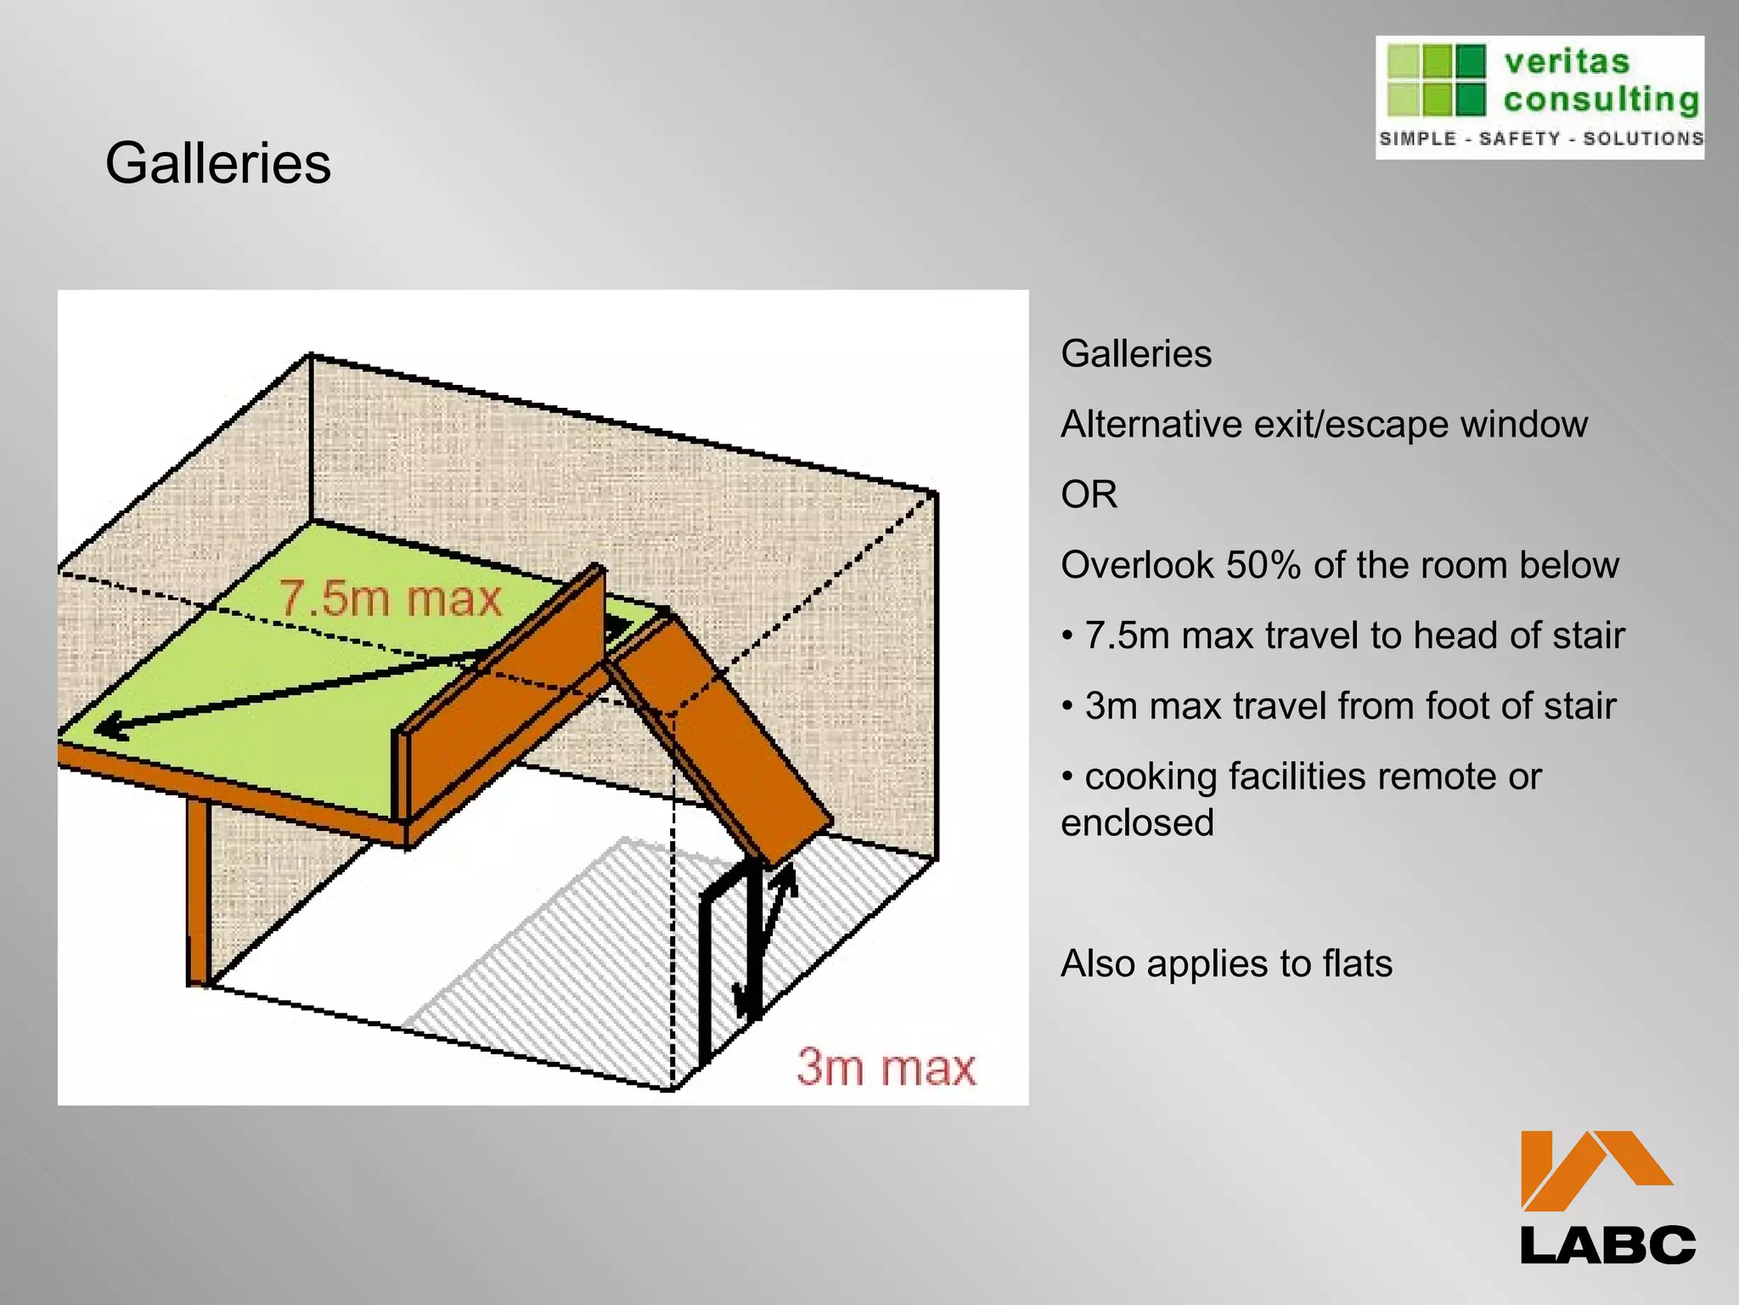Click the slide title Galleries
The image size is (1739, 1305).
click(x=218, y=163)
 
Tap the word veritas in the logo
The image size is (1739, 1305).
click(x=1567, y=62)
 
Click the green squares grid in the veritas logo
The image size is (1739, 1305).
click(x=1436, y=80)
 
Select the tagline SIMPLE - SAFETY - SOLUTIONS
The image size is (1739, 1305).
click(x=1540, y=138)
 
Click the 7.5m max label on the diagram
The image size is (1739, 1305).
click(x=390, y=598)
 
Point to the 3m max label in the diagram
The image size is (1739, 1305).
click(x=886, y=1068)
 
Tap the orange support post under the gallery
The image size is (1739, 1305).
click(x=198, y=892)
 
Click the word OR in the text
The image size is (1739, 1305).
click(x=1089, y=494)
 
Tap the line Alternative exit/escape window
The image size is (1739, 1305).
click(x=1323, y=424)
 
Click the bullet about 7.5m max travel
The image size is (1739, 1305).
click(x=1343, y=636)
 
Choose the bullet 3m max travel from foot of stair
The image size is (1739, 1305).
click(x=1339, y=706)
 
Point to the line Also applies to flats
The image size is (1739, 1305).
click(x=1226, y=963)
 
